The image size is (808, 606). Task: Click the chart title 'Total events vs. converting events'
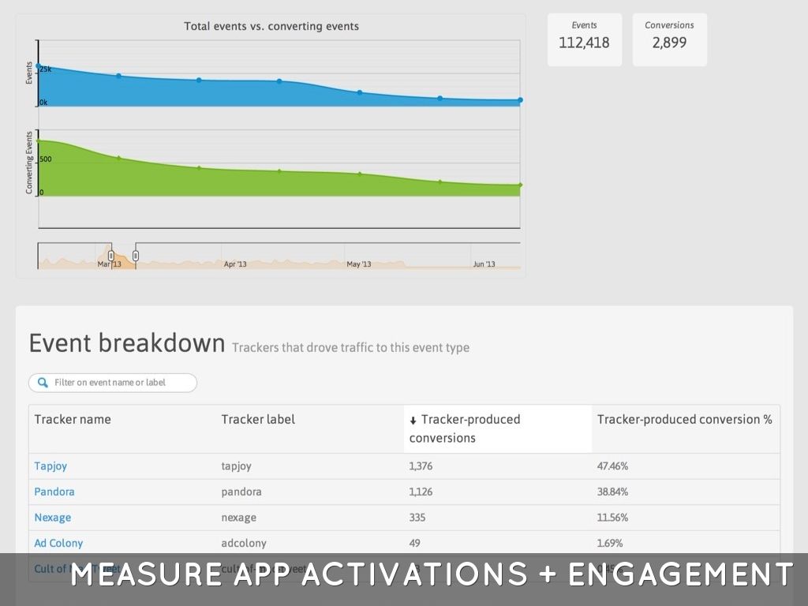271,26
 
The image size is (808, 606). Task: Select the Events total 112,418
584,43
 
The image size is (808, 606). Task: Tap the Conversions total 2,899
669,43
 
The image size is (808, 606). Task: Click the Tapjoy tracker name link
50,466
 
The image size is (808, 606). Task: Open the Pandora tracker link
54,492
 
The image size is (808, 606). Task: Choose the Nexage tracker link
52,518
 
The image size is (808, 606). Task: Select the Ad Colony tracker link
58,543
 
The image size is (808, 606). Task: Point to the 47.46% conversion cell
612,466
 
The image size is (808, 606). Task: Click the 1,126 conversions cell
422,492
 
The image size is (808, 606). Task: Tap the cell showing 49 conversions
415,543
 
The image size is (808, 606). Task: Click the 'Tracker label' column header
258,419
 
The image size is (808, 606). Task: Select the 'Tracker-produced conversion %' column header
684,419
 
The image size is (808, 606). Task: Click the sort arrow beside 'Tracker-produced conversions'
413,421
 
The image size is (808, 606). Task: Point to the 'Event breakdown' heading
127,343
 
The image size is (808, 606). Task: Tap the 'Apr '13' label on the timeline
235,264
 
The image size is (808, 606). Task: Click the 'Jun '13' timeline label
484,264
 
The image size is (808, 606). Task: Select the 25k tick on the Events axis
46,69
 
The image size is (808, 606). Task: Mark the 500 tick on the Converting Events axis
46,159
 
